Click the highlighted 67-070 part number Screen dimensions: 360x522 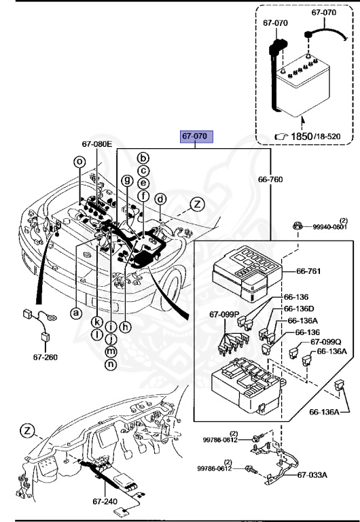pos(196,136)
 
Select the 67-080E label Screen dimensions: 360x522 pos(97,144)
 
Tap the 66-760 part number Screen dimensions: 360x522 pos(270,179)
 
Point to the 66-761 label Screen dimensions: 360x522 pos(308,271)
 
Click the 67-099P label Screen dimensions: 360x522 pos(225,314)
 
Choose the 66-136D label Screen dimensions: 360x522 pos(299,309)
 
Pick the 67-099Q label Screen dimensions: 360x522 pos(326,342)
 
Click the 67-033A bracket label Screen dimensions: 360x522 pos(312,474)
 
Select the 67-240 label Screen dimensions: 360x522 pos(105,501)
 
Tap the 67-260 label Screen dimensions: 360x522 pos(46,358)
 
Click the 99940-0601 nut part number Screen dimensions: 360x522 pos(329,227)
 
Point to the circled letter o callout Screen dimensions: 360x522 pos(79,162)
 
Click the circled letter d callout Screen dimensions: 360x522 pos(161,199)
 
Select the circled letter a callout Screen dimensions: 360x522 pos(76,313)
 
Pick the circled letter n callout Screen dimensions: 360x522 pos(111,364)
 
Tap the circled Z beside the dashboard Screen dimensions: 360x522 pos(27,431)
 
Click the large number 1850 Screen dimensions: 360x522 pos(302,136)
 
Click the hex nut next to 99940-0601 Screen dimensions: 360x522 pos(298,226)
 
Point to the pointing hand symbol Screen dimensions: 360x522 pos(281,137)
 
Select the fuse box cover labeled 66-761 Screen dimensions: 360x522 pos(247,273)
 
